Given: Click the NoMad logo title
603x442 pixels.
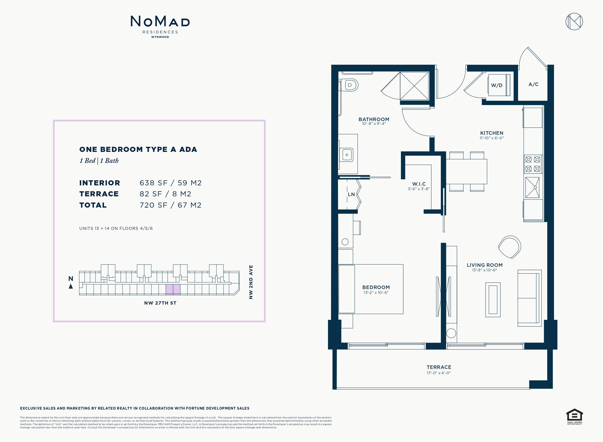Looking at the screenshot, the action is (160, 21).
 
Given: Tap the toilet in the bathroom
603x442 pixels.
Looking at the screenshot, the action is (348, 85).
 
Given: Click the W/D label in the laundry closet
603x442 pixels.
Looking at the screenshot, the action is (497, 85).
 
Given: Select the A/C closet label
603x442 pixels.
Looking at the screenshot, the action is (533, 84).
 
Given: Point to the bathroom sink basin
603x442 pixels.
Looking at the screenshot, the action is (347, 155).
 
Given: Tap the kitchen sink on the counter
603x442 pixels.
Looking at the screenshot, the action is (532, 188).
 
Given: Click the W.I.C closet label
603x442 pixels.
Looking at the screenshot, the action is (419, 184).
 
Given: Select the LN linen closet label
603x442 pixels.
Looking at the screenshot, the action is (351, 194).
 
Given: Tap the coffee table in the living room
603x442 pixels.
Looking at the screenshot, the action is (493, 299).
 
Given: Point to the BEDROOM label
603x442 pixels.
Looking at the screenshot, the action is (376, 287).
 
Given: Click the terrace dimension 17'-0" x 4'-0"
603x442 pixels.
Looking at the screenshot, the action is (439, 373).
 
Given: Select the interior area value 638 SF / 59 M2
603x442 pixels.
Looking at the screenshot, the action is (170, 183).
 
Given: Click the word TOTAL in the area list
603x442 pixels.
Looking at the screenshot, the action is (93, 205).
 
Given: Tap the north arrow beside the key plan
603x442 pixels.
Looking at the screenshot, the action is (71, 286).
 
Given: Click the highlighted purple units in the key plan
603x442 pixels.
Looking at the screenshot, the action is (173, 290).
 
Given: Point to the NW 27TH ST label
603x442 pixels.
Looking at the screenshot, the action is (160, 303).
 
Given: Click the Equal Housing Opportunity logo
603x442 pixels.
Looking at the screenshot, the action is (575, 417).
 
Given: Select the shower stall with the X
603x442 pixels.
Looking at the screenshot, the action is (414, 86).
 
